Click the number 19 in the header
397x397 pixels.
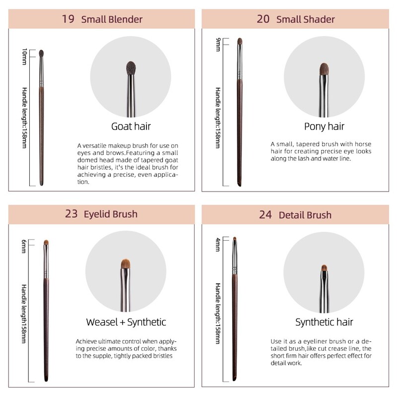(x=68, y=19)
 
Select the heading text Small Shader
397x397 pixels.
(x=305, y=19)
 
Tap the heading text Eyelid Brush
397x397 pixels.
(x=110, y=214)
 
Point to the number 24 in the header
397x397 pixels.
(x=265, y=215)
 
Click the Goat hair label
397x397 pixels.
(x=131, y=126)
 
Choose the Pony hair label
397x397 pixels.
(x=324, y=126)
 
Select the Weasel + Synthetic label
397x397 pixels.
(x=126, y=322)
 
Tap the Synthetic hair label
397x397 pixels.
(x=324, y=322)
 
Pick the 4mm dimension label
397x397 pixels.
(x=217, y=245)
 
